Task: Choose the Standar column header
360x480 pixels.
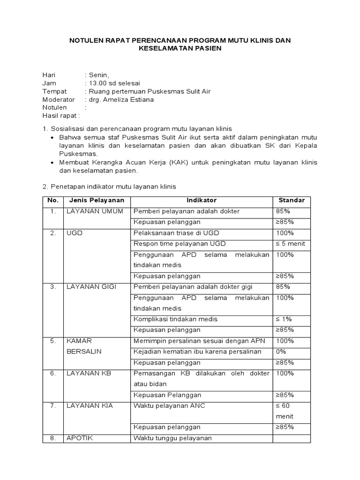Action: tap(292, 201)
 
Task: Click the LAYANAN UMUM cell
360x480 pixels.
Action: tap(95, 211)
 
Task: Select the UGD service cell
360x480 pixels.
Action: tap(75, 233)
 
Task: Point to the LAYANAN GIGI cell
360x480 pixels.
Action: tap(91, 287)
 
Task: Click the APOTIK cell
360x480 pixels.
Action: tap(80, 438)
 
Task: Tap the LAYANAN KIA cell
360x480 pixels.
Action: tap(90, 406)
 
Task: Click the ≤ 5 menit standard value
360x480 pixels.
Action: tap(291, 244)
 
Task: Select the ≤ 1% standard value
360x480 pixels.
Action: tap(284, 319)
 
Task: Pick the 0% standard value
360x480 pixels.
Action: tap(282, 352)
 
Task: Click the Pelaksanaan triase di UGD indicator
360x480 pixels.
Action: tap(176, 233)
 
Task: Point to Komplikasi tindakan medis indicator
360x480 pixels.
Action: tap(175, 319)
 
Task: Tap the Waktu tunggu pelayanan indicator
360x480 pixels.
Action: tap(172, 438)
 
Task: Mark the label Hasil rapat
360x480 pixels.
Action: tap(61, 116)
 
